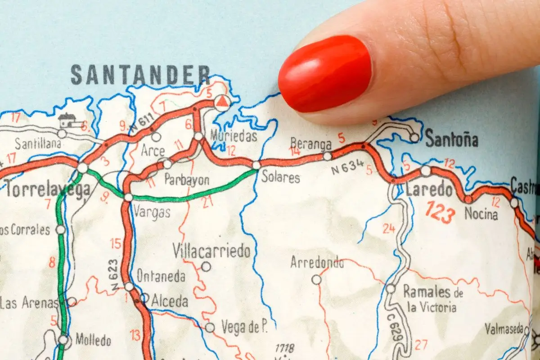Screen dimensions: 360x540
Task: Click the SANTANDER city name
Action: pyautogui.click(x=140, y=75)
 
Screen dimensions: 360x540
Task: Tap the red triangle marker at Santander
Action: pyautogui.click(x=221, y=103)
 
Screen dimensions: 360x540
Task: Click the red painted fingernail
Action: pyautogui.click(x=325, y=74)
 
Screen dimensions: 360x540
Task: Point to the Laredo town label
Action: pyautogui.click(x=429, y=190)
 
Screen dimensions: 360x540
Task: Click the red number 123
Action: pyautogui.click(x=440, y=212)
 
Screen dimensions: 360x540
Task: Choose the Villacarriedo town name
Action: pyautogui.click(x=211, y=251)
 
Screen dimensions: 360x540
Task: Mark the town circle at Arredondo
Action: pyautogui.click(x=316, y=279)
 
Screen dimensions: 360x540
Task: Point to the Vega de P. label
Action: pyautogui.click(x=244, y=328)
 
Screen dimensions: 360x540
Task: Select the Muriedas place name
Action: pyautogui.click(x=233, y=136)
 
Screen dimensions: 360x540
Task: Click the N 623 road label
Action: pyautogui.click(x=115, y=274)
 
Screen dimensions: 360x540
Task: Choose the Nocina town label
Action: pyautogui.click(x=481, y=214)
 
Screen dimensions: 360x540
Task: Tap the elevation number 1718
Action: pyautogui.click(x=284, y=348)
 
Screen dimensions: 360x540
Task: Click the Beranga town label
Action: pyautogui.click(x=310, y=143)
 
